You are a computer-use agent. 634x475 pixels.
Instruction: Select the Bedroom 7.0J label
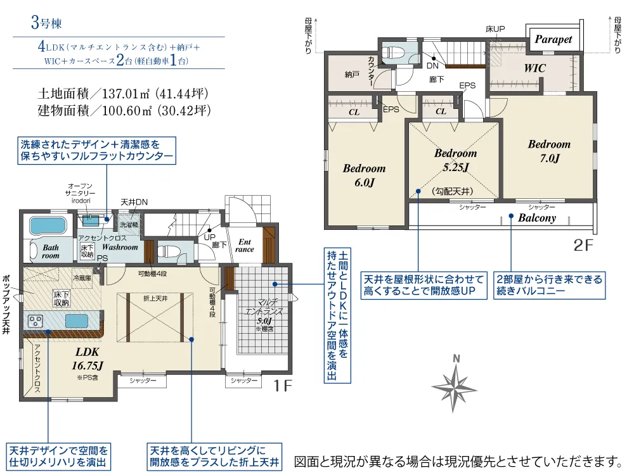click(x=549, y=151)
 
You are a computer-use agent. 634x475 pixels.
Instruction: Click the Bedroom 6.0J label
click(x=364, y=175)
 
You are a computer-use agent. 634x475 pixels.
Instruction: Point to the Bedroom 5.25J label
click(x=455, y=160)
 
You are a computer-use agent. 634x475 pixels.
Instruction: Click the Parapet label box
click(x=553, y=39)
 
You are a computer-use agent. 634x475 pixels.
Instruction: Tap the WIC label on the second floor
click(x=534, y=68)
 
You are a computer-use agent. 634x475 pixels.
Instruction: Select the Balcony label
click(x=537, y=218)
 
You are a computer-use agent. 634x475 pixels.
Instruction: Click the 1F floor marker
click(x=282, y=385)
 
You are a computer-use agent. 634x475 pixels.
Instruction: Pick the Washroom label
click(x=120, y=247)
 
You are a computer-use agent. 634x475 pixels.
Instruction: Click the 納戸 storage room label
click(x=352, y=75)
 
